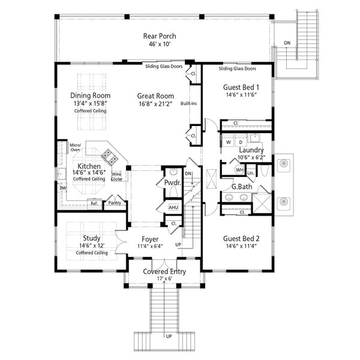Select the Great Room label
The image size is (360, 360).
click(x=155, y=95)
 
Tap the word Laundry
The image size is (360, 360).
click(x=251, y=149)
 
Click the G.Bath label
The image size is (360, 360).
click(x=242, y=187)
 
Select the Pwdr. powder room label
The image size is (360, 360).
click(x=164, y=182)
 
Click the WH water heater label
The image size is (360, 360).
click(x=239, y=170)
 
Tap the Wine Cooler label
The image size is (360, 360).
click(x=117, y=176)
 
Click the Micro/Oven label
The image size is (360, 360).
click(x=75, y=148)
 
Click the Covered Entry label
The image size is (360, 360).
click(x=164, y=271)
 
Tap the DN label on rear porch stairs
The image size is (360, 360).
click(x=287, y=43)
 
